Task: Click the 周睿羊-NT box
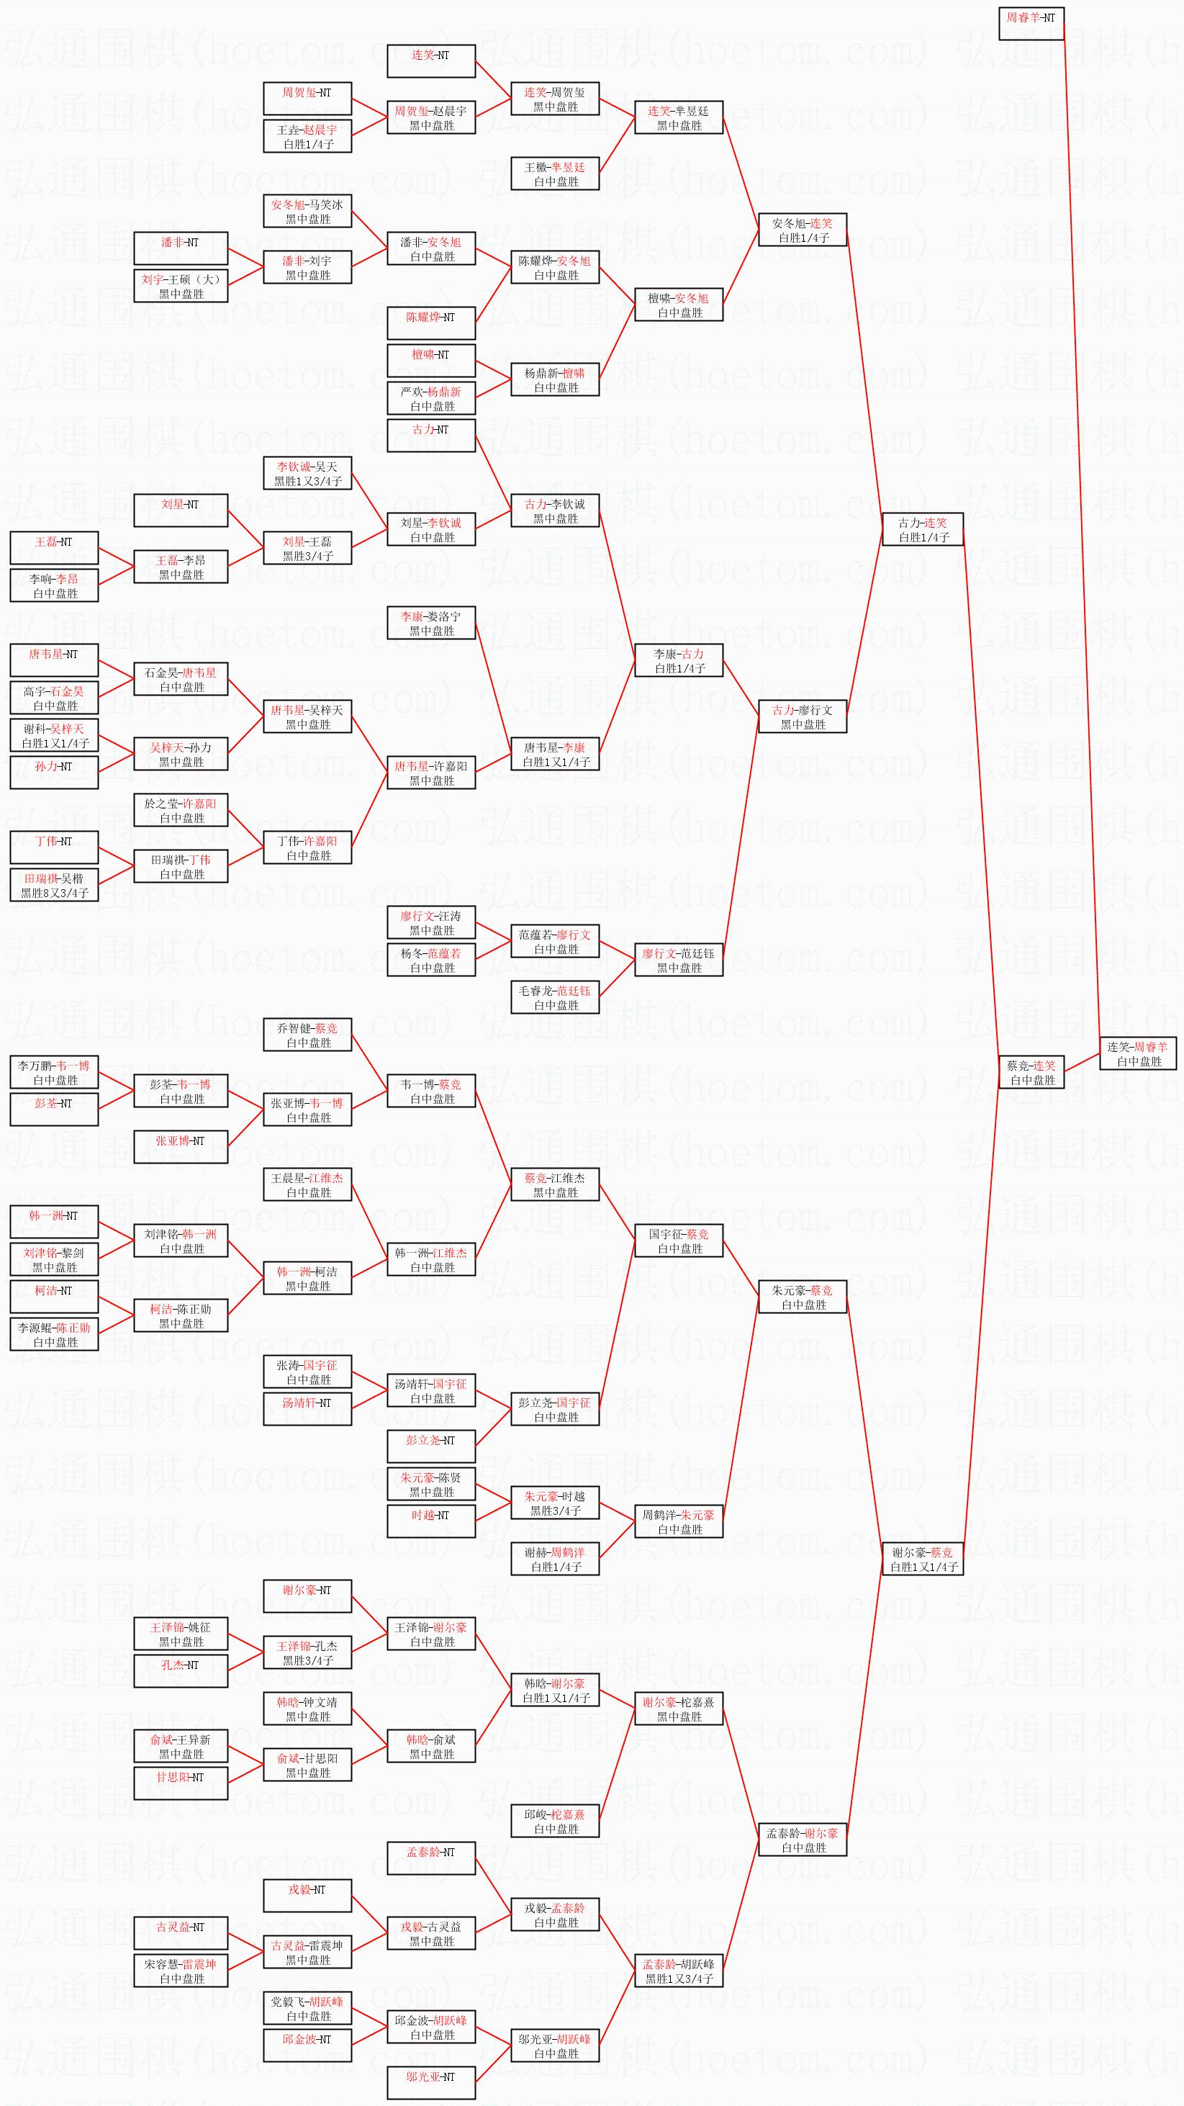(1031, 24)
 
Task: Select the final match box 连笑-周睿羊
(1137, 1054)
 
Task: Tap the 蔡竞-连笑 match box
(1031, 1073)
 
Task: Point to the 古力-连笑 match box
(923, 530)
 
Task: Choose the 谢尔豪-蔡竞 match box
(923, 1559)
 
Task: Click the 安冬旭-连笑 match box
(803, 230)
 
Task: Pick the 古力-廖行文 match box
(803, 717)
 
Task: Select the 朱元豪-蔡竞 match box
(803, 1297)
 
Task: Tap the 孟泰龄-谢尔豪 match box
(803, 1840)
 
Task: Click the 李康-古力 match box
(679, 660)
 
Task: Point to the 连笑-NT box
(430, 61)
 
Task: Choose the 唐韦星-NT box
(54, 660)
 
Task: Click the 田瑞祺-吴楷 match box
(54, 886)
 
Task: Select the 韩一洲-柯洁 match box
(307, 1279)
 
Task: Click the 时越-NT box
(430, 1521)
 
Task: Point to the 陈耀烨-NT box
(430, 324)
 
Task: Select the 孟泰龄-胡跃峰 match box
(679, 1971)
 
